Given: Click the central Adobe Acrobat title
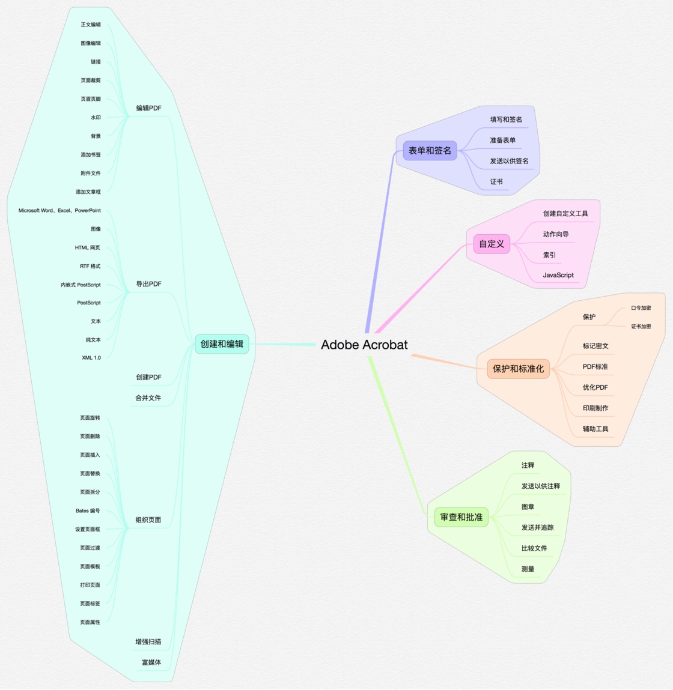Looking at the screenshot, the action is point(364,345).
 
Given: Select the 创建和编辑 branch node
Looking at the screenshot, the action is point(222,344).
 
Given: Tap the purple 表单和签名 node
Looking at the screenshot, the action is point(430,151).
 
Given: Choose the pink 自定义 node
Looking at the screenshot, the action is point(492,244).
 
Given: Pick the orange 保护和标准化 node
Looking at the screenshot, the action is point(519,369).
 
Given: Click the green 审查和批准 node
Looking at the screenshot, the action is point(461,517).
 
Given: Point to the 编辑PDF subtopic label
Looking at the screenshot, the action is point(149,108).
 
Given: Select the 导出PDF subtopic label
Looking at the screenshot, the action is point(149,284).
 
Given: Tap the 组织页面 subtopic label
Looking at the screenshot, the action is point(148,519).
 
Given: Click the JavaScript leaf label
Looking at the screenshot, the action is point(558,275).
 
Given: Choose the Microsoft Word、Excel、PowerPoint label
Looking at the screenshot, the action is point(59,210).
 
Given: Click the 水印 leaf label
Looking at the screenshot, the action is point(96,118).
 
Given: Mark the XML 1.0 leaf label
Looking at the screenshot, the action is point(91,358).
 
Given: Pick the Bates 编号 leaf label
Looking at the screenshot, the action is point(88,510).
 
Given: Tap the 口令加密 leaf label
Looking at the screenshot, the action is point(641,308).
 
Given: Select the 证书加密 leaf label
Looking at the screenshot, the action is point(641,327).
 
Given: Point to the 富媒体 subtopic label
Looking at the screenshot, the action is point(151,662).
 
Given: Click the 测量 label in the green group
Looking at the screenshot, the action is point(528,569).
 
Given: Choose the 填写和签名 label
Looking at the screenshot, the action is point(506,120).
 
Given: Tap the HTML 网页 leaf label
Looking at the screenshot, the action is point(87,248).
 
